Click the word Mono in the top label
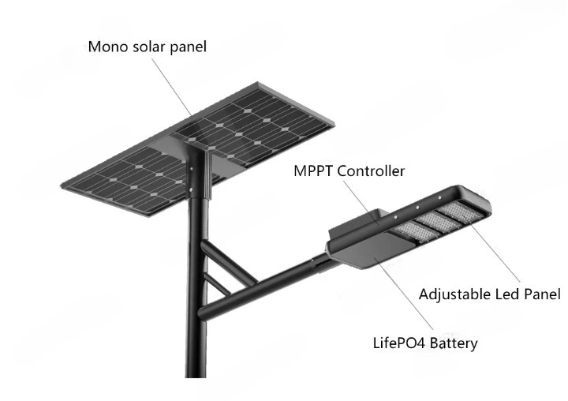(x=106, y=47)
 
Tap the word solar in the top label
(x=145, y=47)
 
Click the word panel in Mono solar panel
(x=187, y=47)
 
